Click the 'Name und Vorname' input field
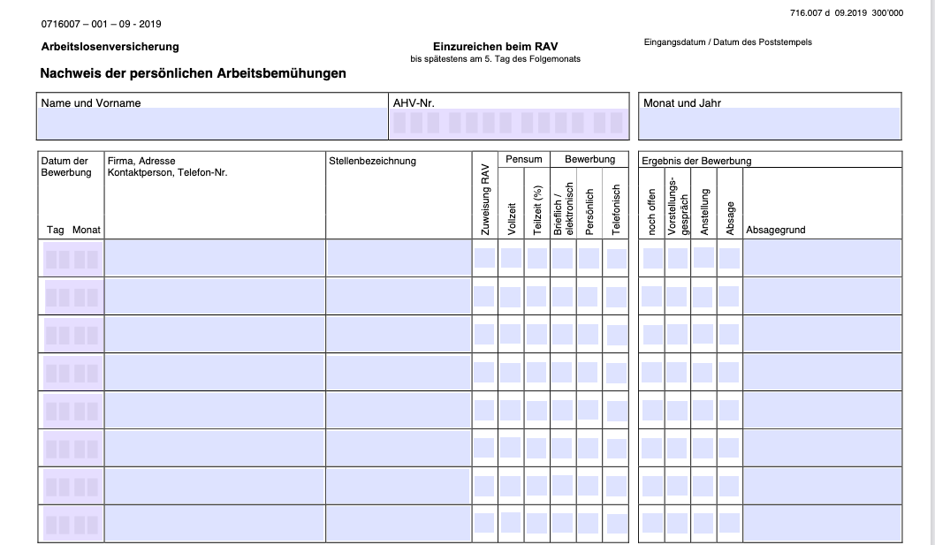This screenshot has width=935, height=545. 212,123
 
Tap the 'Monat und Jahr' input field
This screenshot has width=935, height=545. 769,123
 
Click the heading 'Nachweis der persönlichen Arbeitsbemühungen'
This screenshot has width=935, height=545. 193,73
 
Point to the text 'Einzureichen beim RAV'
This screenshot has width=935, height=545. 495,47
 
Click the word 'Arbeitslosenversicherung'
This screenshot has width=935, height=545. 110,47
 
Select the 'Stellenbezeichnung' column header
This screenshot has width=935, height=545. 372,161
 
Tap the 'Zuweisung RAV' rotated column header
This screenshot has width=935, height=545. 484,200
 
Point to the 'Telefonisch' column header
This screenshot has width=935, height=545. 617,209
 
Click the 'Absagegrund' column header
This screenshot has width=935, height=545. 776,230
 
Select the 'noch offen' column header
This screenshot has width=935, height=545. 652,212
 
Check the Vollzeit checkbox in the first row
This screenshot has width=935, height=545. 511,258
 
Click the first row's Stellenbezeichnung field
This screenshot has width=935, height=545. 399,258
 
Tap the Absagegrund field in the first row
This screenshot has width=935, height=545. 822,258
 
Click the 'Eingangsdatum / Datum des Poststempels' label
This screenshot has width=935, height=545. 727,42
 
